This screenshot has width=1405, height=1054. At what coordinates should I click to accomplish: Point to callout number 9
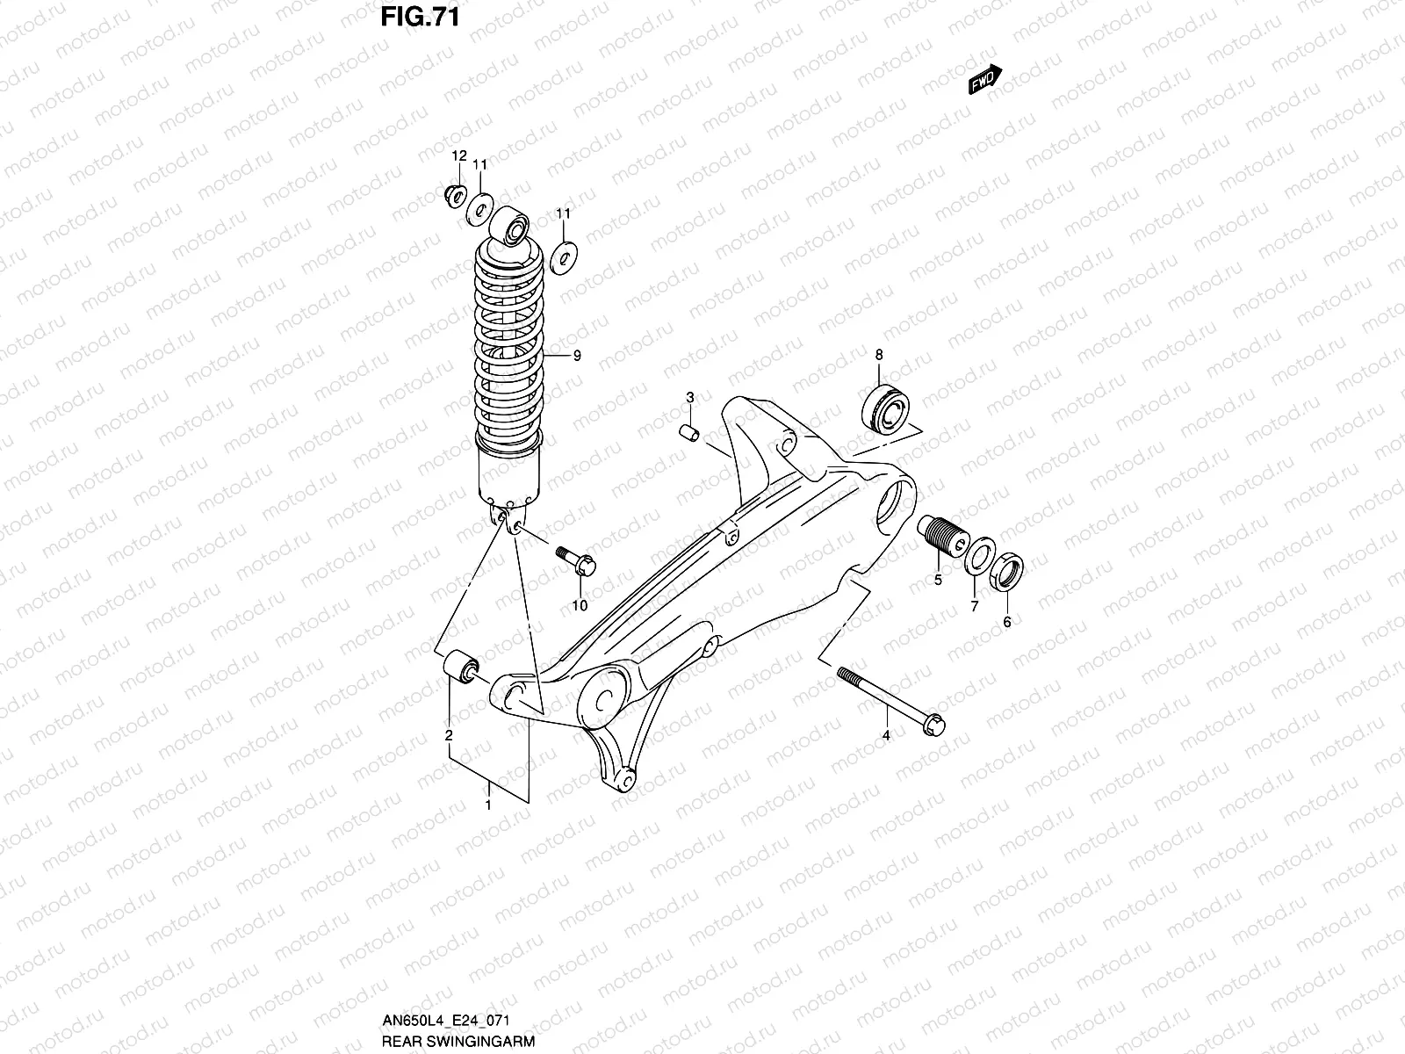[577, 356]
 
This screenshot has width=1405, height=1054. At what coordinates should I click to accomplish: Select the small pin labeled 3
[690, 434]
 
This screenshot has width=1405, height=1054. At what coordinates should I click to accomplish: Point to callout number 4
[886, 735]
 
